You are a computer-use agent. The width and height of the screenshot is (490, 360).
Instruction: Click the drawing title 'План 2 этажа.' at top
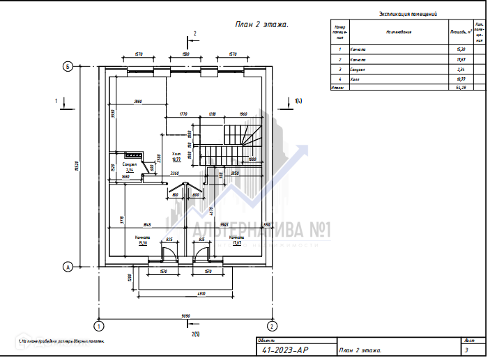point(261,24)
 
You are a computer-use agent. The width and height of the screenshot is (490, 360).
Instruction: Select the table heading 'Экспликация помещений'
point(408,13)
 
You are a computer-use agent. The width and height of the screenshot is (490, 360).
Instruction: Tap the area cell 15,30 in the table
point(460,49)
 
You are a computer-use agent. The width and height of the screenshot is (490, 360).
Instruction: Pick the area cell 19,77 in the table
point(460,81)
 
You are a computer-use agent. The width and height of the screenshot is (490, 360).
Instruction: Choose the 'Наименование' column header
point(398,31)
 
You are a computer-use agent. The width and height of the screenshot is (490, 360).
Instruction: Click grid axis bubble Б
point(68,66)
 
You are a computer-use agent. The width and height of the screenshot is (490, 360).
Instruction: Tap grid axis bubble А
point(68,267)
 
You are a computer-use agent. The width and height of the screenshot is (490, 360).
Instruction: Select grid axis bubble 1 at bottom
point(100,325)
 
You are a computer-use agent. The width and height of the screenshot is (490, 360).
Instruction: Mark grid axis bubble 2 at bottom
point(272,325)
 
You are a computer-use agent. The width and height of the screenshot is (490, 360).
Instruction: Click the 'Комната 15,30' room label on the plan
point(143,240)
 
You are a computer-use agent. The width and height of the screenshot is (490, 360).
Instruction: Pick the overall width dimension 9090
point(185,316)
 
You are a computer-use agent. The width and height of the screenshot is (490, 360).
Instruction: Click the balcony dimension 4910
point(185,294)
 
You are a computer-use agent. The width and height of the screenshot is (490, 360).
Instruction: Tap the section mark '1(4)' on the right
point(298,102)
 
